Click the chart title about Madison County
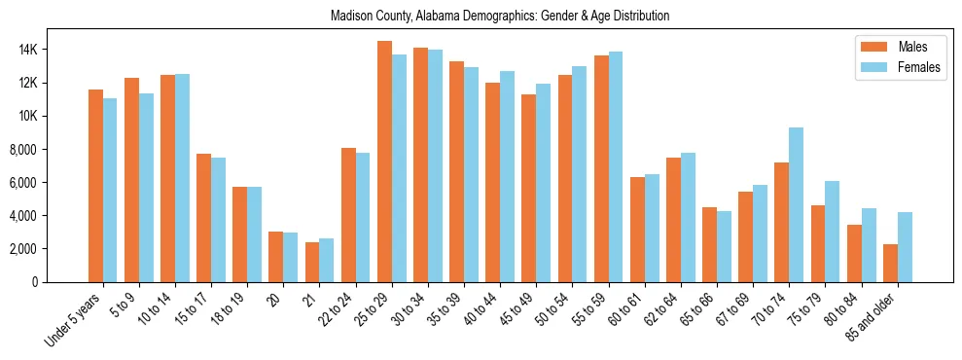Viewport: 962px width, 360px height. click(499, 17)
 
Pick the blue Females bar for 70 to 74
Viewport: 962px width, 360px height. click(797, 204)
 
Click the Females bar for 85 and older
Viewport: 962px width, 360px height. click(905, 247)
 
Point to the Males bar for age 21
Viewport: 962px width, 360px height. click(312, 262)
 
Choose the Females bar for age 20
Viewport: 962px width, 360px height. click(291, 257)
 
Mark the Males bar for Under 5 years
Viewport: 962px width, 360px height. click(95, 186)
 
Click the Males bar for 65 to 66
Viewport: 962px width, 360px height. click(710, 244)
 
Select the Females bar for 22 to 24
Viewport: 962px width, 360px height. click(363, 217)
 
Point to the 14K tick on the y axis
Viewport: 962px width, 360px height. click(54, 50)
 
